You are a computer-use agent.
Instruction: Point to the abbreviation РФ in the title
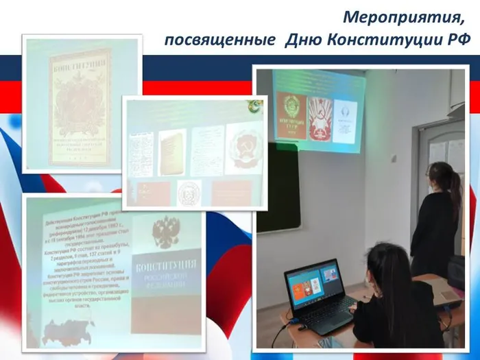click(x=457, y=40)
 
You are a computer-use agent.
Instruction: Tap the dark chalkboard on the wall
click(x=280, y=185)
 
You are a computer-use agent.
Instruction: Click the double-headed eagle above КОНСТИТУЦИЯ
click(x=165, y=233)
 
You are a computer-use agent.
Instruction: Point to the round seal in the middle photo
click(x=189, y=193)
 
